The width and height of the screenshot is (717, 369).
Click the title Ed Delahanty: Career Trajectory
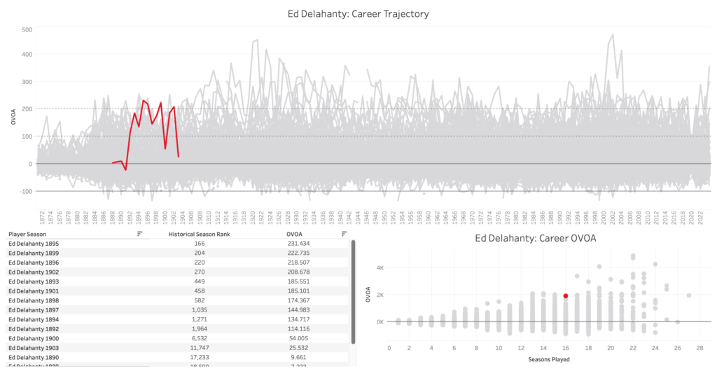click(x=358, y=13)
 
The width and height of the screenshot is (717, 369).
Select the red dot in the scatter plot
click(x=566, y=296)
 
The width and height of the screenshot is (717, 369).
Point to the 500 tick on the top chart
click(x=27, y=30)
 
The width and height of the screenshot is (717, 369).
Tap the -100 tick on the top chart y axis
click(x=25, y=191)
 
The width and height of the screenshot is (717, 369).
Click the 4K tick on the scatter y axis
click(x=379, y=267)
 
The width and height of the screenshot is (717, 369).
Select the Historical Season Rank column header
click(x=200, y=234)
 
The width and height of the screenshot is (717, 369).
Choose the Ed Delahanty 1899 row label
click(x=34, y=253)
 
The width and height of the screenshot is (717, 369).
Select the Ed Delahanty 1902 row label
click(x=34, y=272)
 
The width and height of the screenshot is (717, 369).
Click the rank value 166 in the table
click(x=200, y=244)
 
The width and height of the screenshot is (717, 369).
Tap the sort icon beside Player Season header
click(x=139, y=234)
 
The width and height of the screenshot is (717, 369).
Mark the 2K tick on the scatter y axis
click(x=379, y=295)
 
